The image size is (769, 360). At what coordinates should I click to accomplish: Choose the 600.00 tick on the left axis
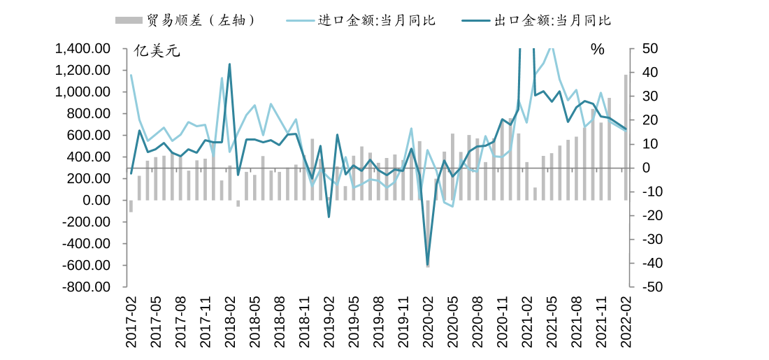91,136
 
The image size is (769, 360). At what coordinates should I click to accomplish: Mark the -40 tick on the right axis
647,264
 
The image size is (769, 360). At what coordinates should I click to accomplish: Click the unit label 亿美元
157,50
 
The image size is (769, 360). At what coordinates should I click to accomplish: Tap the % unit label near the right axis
597,50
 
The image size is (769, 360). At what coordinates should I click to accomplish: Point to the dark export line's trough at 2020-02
428,265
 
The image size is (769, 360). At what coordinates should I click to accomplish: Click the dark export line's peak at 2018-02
230,65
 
